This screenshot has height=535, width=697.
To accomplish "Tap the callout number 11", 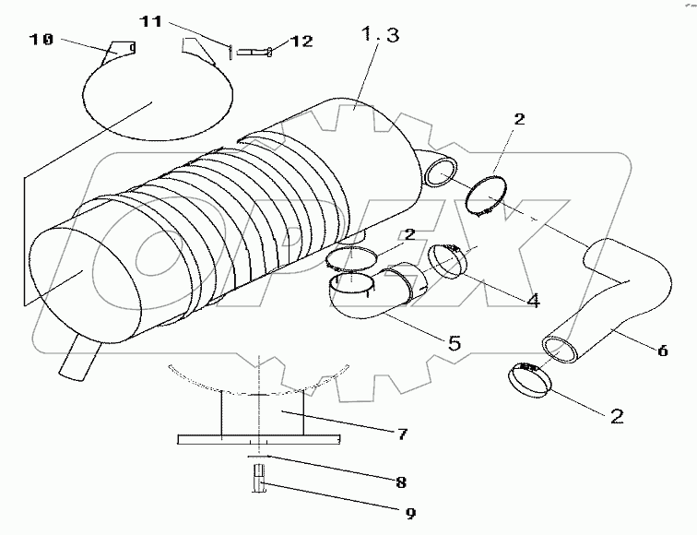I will coord(157,19).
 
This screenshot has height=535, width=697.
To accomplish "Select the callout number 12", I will coord(301,42).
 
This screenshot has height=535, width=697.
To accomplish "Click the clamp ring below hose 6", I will coord(527,378).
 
